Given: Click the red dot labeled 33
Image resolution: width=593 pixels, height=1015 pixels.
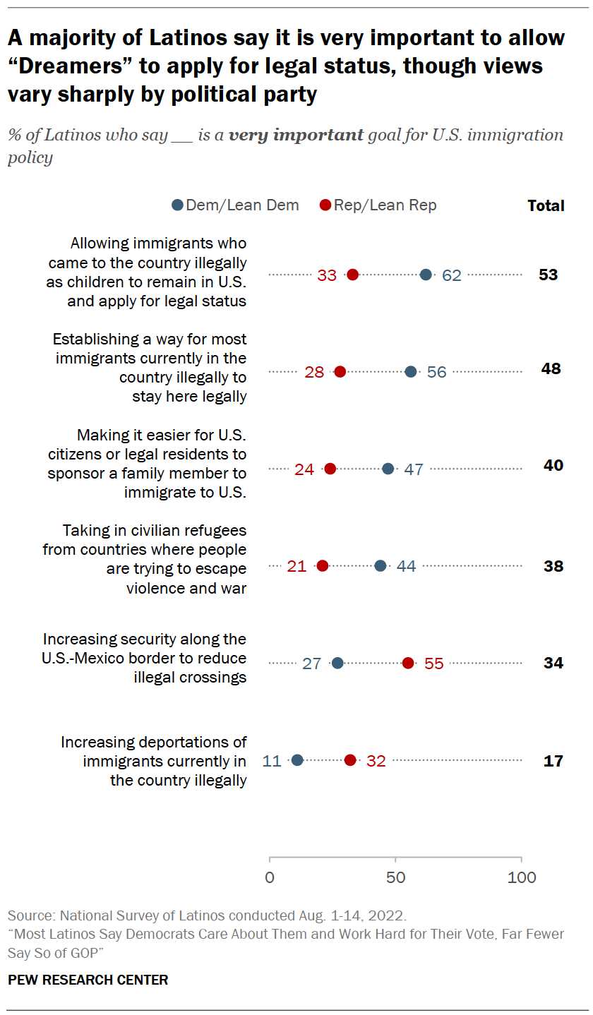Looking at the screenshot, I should [352, 275].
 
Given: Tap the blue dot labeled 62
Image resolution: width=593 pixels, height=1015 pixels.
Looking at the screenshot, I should [426, 275].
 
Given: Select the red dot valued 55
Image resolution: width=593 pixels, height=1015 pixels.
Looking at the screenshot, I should [408, 663].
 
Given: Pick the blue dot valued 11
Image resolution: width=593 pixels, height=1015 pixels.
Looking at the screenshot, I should [297, 760].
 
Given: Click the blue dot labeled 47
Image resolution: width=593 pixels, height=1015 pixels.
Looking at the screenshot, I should [388, 469].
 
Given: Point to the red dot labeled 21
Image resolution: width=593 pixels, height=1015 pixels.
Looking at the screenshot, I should [323, 565].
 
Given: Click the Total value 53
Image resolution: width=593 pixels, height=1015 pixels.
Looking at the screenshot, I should [549, 275].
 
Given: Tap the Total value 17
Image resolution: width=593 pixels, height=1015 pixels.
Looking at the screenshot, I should [553, 761].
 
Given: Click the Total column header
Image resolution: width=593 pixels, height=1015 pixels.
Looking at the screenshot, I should [546, 206].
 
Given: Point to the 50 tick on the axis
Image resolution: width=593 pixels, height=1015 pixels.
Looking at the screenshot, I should [395, 877].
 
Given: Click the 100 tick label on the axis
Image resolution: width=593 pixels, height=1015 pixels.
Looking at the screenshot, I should [521, 877].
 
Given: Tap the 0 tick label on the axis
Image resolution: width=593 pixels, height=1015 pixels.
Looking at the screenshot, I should [270, 877].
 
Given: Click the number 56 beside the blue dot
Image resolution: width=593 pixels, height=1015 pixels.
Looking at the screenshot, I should [437, 372].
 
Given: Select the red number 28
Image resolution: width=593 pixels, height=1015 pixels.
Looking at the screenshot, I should [314, 372].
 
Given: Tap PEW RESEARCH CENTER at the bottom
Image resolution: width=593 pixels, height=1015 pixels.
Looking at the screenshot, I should [88, 980].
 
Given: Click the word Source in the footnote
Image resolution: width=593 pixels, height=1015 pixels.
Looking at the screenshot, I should [30, 916].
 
